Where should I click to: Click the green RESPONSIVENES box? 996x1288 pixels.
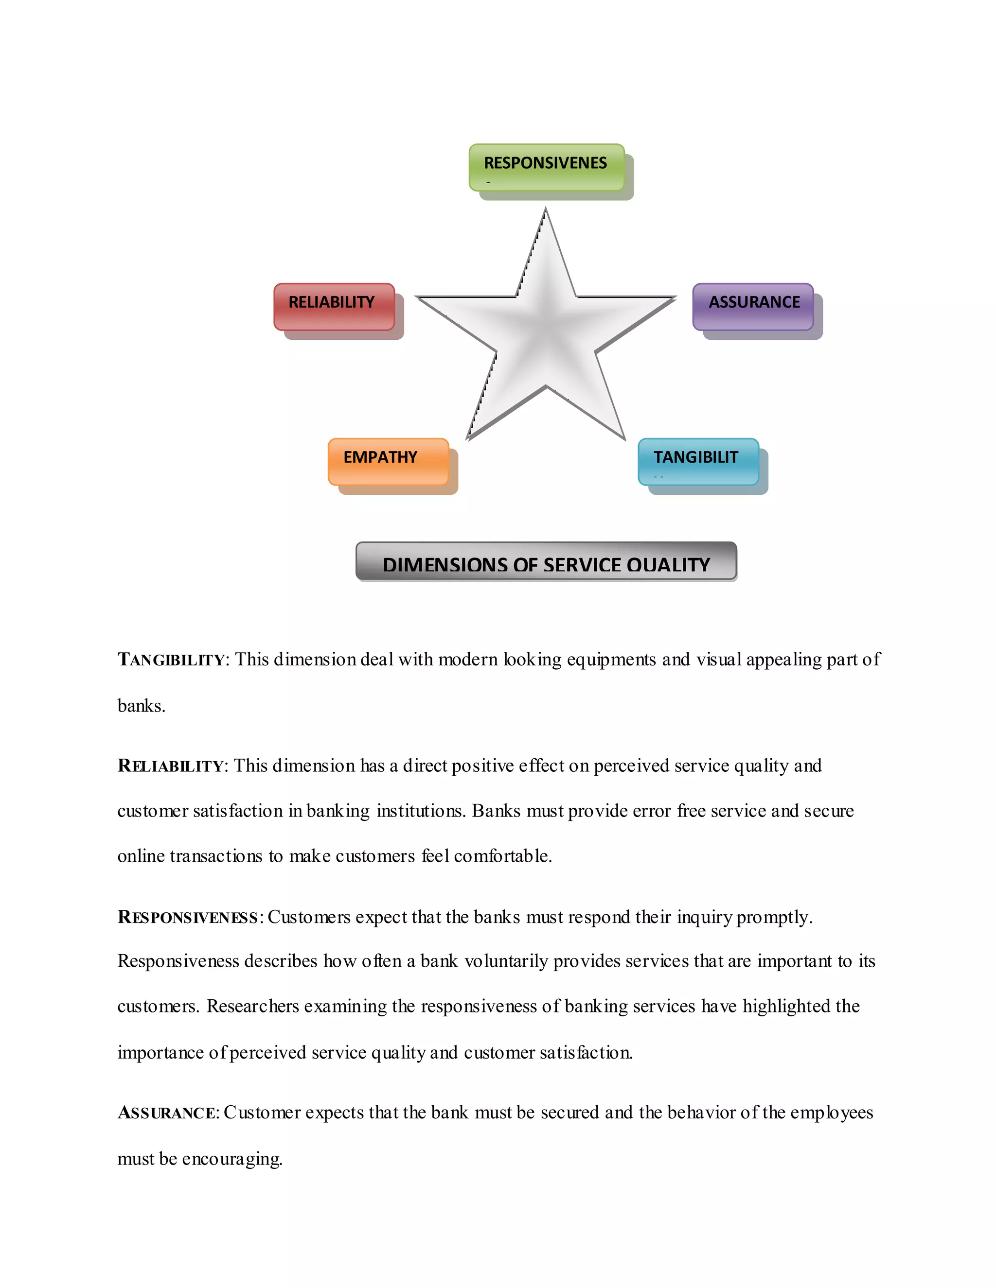(x=546, y=167)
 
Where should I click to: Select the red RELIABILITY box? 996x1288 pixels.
(x=334, y=306)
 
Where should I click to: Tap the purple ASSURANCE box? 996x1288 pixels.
(x=753, y=306)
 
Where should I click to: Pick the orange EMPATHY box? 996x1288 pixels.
(x=388, y=461)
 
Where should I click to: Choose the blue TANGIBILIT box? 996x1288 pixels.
(x=698, y=461)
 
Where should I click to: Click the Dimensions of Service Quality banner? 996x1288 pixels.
(x=546, y=561)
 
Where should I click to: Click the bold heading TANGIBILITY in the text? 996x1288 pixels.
(x=171, y=660)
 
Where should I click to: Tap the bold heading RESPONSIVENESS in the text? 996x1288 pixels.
(x=188, y=918)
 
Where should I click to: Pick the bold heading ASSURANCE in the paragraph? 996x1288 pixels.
(x=167, y=1113)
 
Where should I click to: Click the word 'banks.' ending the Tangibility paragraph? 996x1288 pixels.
(x=142, y=706)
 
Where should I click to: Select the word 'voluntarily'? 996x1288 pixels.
(x=506, y=961)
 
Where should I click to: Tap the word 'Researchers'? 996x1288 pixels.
(x=252, y=1007)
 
